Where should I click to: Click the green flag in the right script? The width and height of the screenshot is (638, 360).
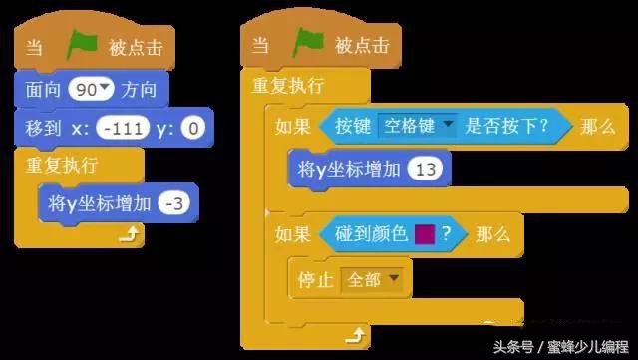309,44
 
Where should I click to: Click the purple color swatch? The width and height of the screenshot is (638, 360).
423,234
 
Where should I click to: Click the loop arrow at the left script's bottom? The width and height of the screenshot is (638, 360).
130,235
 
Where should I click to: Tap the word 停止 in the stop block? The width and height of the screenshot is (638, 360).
315,280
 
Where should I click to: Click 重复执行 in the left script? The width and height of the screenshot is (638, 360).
55,164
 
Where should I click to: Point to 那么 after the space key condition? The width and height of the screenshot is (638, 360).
596,126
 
